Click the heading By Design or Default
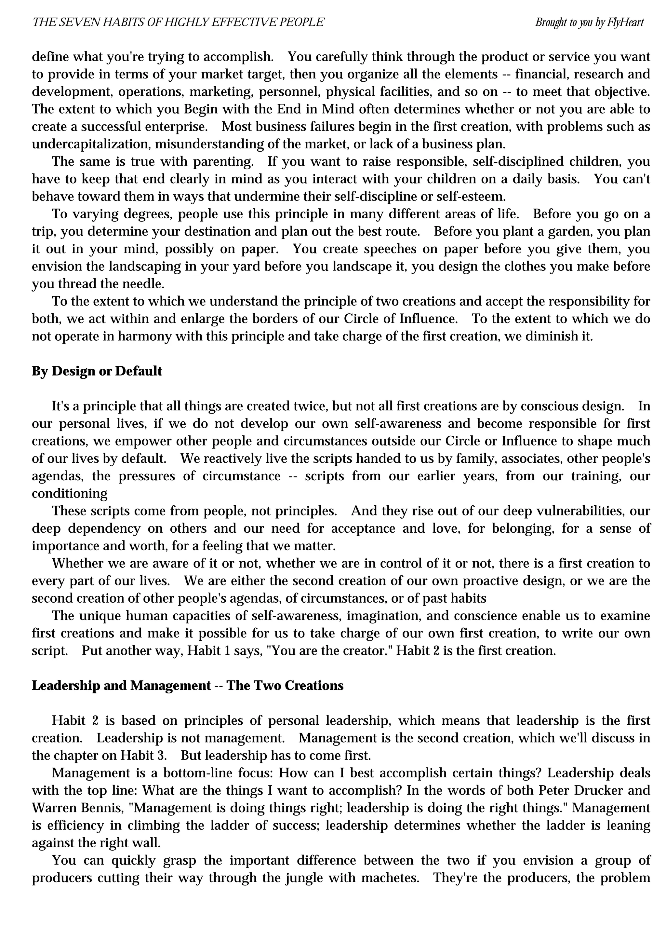click(x=97, y=371)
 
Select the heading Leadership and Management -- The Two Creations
click(x=188, y=686)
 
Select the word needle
click(x=144, y=284)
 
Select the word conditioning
click(x=70, y=493)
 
